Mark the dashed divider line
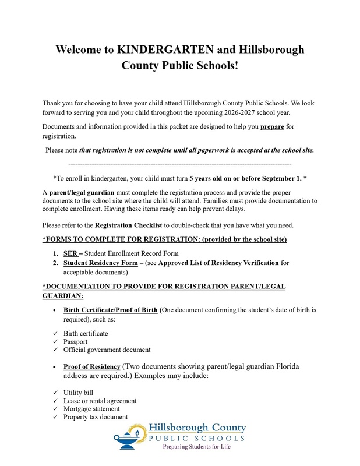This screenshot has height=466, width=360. pyautogui.click(x=179, y=165)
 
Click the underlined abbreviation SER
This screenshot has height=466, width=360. pyautogui.click(x=70, y=253)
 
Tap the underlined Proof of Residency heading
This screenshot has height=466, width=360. pyautogui.click(x=92, y=366)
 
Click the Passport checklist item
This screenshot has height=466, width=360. pyautogui.click(x=76, y=341)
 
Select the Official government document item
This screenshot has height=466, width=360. pyautogui.click(x=107, y=349)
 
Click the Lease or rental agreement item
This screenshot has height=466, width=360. pyautogui.click(x=100, y=401)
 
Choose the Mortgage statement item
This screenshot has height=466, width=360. pyautogui.click(x=93, y=409)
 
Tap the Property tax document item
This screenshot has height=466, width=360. pyautogui.click(x=96, y=417)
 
